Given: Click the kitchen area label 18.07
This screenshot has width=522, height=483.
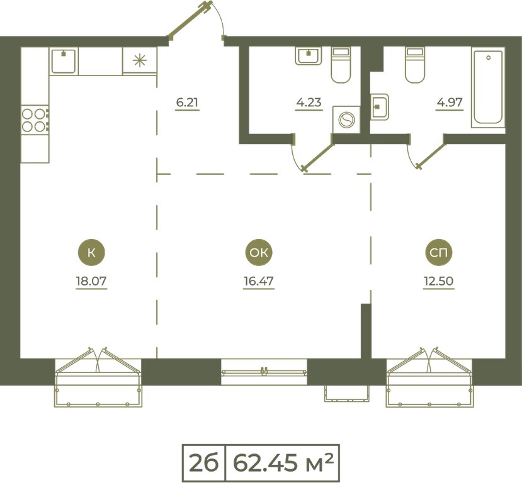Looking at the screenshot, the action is [x=91, y=281].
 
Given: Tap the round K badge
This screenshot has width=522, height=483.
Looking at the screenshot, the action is [x=91, y=253].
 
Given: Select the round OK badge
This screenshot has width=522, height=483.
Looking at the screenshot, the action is [x=259, y=253].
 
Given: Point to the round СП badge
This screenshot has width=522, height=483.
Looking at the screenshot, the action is [x=439, y=253].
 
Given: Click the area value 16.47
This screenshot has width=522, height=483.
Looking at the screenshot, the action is [x=259, y=281].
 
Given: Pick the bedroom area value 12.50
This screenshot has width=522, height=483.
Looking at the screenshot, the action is [x=438, y=281].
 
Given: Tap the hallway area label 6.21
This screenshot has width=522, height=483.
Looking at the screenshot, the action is [x=187, y=103].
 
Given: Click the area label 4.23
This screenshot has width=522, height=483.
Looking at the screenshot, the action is [x=309, y=103].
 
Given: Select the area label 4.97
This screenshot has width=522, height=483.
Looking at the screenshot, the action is [x=450, y=103].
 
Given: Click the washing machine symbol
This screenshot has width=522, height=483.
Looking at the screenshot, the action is [x=346, y=119].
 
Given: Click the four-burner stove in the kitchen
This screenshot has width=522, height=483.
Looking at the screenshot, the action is [x=35, y=119].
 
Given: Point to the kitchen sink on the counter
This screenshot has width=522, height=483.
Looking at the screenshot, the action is [x=63, y=60].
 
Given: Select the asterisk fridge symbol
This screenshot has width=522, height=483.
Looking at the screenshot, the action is [x=140, y=60].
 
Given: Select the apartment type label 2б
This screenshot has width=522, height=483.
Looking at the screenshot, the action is [x=204, y=463].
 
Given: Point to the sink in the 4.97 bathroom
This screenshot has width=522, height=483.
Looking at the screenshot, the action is [x=380, y=107].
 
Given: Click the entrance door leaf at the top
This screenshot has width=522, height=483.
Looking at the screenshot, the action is [x=190, y=21].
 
